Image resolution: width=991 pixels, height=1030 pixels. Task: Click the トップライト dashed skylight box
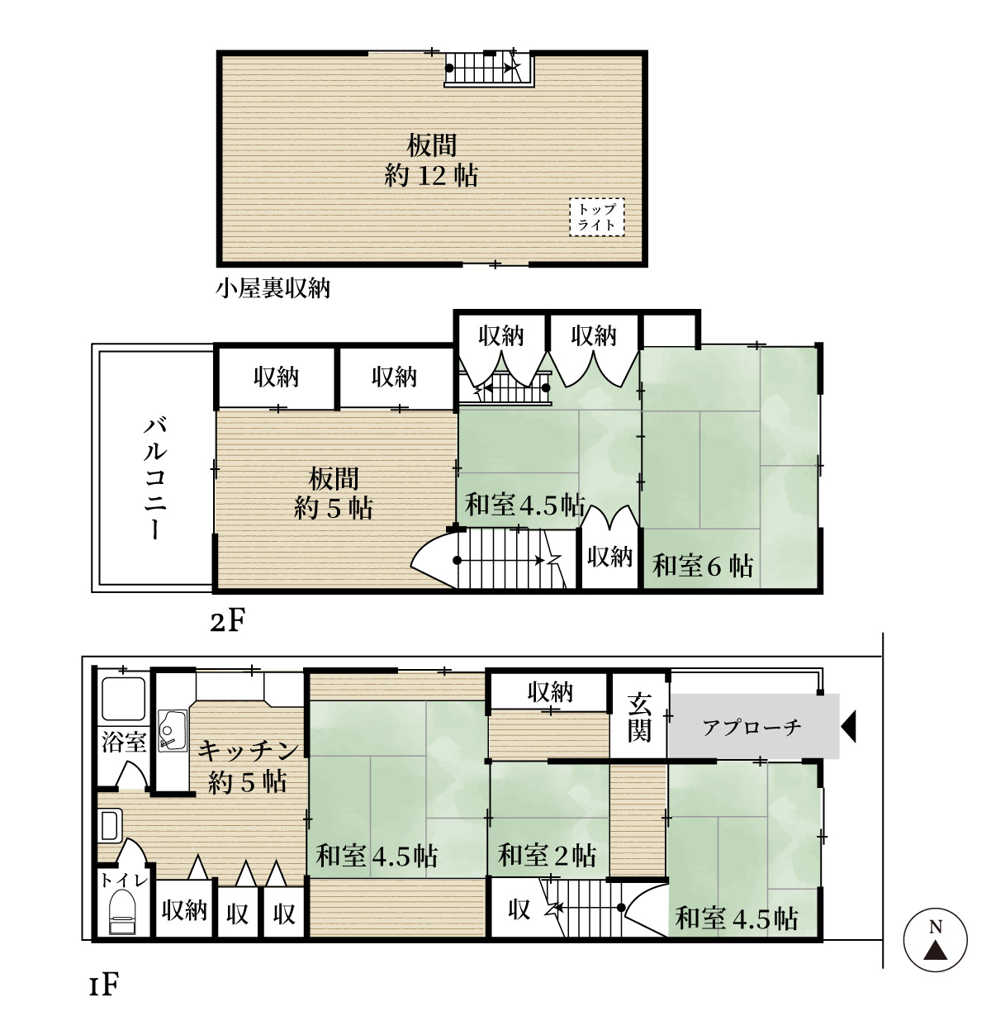pos(596,217)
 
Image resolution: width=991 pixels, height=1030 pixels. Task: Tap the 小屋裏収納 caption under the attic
pos(273,288)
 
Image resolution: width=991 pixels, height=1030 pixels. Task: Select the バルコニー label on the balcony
pos(155,478)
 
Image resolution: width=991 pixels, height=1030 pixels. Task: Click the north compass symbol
pos(935,940)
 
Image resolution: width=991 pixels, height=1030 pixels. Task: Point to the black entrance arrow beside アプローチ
pos(848,727)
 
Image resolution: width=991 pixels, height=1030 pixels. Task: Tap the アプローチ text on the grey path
pos(752,727)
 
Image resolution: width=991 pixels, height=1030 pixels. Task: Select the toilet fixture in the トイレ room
pos(122,911)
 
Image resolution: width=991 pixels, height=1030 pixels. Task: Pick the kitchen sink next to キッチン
pos(173,731)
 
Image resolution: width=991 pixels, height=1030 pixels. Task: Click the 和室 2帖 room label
pos(547,855)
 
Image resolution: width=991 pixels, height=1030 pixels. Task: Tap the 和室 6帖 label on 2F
pos(703,566)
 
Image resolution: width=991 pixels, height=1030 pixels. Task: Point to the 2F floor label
pos(227,621)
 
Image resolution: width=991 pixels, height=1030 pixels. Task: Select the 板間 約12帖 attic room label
pos(431,160)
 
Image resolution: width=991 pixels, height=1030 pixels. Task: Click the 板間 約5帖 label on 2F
pos(334,493)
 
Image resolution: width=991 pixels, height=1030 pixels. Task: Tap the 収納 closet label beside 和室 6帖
pos(609,557)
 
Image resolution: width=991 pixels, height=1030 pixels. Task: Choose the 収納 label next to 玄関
pos(550,692)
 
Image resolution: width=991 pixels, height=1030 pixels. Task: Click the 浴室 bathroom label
pos(124,742)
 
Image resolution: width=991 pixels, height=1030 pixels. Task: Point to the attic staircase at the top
pos(486,69)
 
